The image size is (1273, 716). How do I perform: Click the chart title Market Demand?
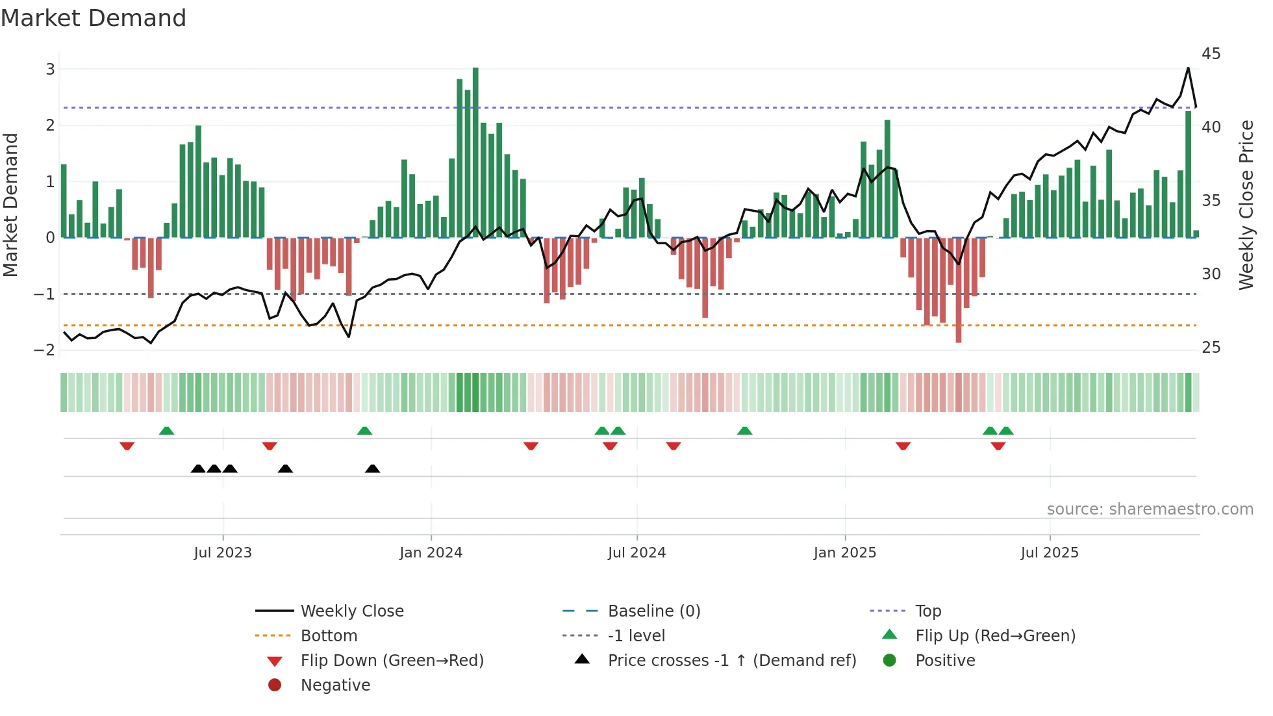[x=94, y=18]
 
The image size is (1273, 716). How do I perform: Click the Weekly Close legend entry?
[x=351, y=611]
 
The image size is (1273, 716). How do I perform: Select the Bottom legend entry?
[x=329, y=635]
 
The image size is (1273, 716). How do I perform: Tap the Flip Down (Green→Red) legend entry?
[x=392, y=660]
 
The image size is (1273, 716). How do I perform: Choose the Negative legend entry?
[x=335, y=685]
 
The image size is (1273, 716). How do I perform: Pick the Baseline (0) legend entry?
[x=653, y=611]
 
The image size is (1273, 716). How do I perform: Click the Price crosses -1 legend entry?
[x=731, y=660]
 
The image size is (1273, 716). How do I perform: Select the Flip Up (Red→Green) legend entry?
[x=995, y=635]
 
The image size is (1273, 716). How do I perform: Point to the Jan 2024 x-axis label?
[x=431, y=553]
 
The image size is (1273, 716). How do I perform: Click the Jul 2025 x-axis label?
[x=1049, y=553]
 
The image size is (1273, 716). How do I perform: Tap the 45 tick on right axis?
[x=1211, y=54]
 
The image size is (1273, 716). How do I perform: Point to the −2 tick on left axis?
[x=45, y=350]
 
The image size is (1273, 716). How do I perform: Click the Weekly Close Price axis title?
[x=1246, y=205]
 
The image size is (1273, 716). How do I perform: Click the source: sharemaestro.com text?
[x=1150, y=509]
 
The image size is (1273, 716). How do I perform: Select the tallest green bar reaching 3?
[x=475, y=153]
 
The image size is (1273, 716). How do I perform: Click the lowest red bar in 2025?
[x=958, y=289]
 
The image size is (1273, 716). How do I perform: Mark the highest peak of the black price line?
[x=1188, y=68]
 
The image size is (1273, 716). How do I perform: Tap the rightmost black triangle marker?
[x=372, y=468]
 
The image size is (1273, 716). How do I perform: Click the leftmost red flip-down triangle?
[x=127, y=446]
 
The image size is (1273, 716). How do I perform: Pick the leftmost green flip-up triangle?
[x=167, y=431]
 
